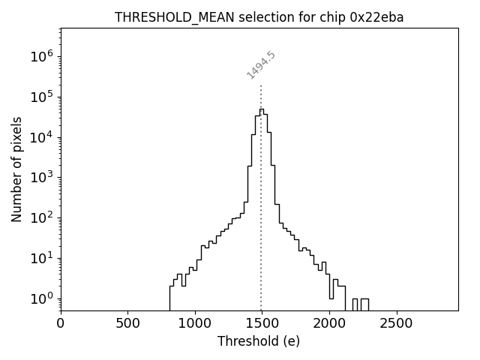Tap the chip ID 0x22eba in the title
(x=376, y=17)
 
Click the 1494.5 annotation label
(x=261, y=64)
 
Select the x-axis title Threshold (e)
(x=259, y=341)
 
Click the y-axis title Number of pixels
(x=17, y=169)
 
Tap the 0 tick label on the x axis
(x=61, y=323)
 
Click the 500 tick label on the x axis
(x=127, y=323)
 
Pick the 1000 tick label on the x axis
(x=195, y=323)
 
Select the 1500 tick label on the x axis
(x=262, y=323)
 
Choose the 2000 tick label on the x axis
(x=328, y=323)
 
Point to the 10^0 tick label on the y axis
(x=42, y=298)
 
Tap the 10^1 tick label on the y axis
(x=42, y=258)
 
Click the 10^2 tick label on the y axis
(x=42, y=217)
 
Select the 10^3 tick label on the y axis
(x=42, y=177)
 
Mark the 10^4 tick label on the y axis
(x=42, y=137)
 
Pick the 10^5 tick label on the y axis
(x=42, y=97)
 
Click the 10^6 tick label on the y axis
(x=42, y=56)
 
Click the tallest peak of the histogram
(x=261, y=109)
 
